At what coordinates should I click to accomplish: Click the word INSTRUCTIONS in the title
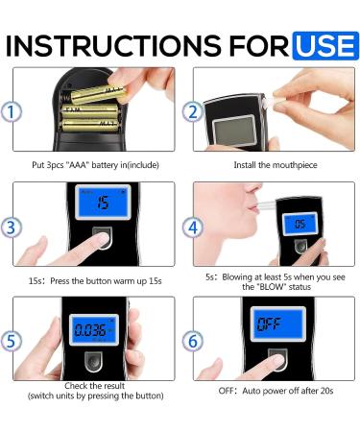(116, 44)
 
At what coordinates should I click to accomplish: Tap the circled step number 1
(12, 112)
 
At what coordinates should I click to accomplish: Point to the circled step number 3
(12, 228)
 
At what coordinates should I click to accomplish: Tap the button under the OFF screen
(277, 364)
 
